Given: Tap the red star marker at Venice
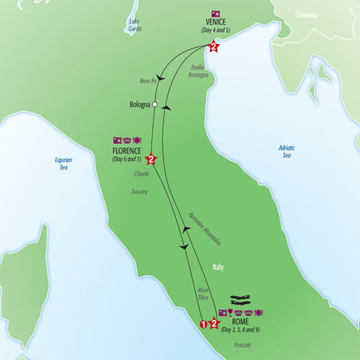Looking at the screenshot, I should coord(212,46).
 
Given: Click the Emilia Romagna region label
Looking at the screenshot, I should coord(199,71).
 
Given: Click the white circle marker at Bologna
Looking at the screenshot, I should coord(155,104).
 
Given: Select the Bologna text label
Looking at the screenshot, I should coord(139,104).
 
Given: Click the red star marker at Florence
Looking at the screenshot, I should coord(151,160).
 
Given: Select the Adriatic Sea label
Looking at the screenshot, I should coord(288,151).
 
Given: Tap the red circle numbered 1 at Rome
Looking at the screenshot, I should coord(203,324).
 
